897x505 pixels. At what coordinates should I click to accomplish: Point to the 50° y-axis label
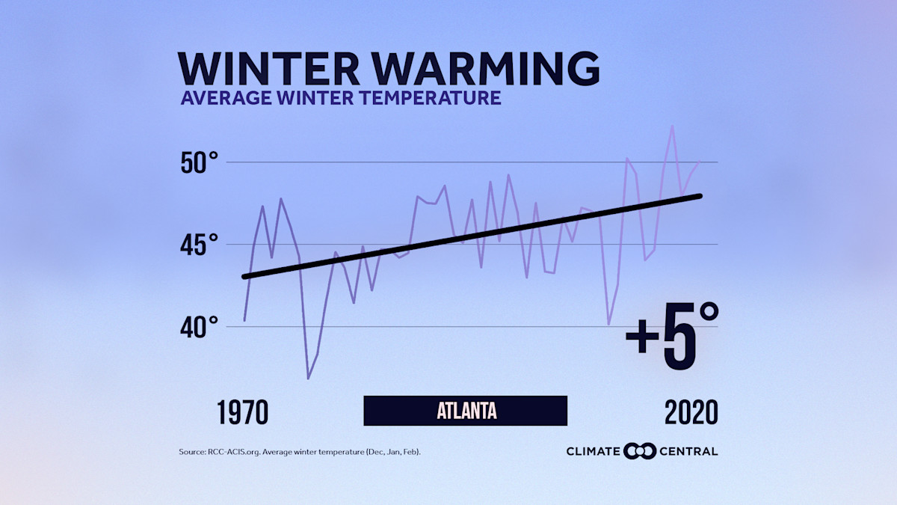click(x=200, y=162)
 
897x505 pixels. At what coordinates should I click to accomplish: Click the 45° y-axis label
click(x=200, y=245)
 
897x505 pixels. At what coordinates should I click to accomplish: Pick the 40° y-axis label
click(x=200, y=327)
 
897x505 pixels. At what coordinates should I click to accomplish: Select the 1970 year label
click(x=243, y=412)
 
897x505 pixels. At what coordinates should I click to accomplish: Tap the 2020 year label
click(x=691, y=412)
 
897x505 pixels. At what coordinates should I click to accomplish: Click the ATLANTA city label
click(x=466, y=411)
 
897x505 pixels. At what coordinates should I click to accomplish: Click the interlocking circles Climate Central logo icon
click(x=640, y=451)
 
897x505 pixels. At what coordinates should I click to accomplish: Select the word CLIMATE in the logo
click(x=594, y=451)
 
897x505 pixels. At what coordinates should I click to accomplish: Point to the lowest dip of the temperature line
click(x=308, y=379)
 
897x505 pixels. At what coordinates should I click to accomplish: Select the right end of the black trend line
click(x=700, y=196)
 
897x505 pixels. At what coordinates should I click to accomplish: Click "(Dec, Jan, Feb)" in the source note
click(x=397, y=452)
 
